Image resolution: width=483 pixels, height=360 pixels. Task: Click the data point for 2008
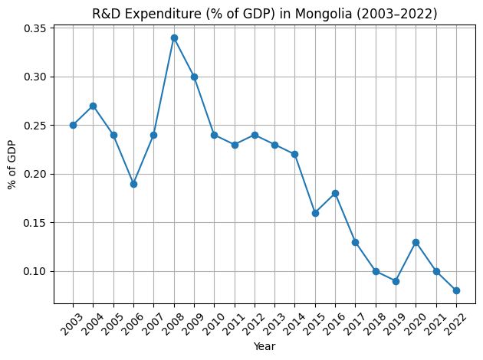174,38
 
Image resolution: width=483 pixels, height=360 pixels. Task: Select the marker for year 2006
133,184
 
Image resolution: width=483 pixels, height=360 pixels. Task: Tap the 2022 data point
456,290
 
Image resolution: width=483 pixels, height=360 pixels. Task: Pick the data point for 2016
335,193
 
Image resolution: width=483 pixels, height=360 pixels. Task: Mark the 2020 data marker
416,242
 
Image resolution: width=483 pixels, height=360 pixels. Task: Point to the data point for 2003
73,125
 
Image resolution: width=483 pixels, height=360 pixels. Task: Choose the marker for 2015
315,213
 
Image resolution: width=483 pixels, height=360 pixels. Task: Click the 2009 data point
194,77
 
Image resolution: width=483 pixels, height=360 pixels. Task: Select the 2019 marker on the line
396,281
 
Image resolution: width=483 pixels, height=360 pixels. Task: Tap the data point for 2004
93,106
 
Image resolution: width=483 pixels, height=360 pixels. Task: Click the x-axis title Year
264,346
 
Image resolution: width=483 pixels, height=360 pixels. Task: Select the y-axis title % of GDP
11,165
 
